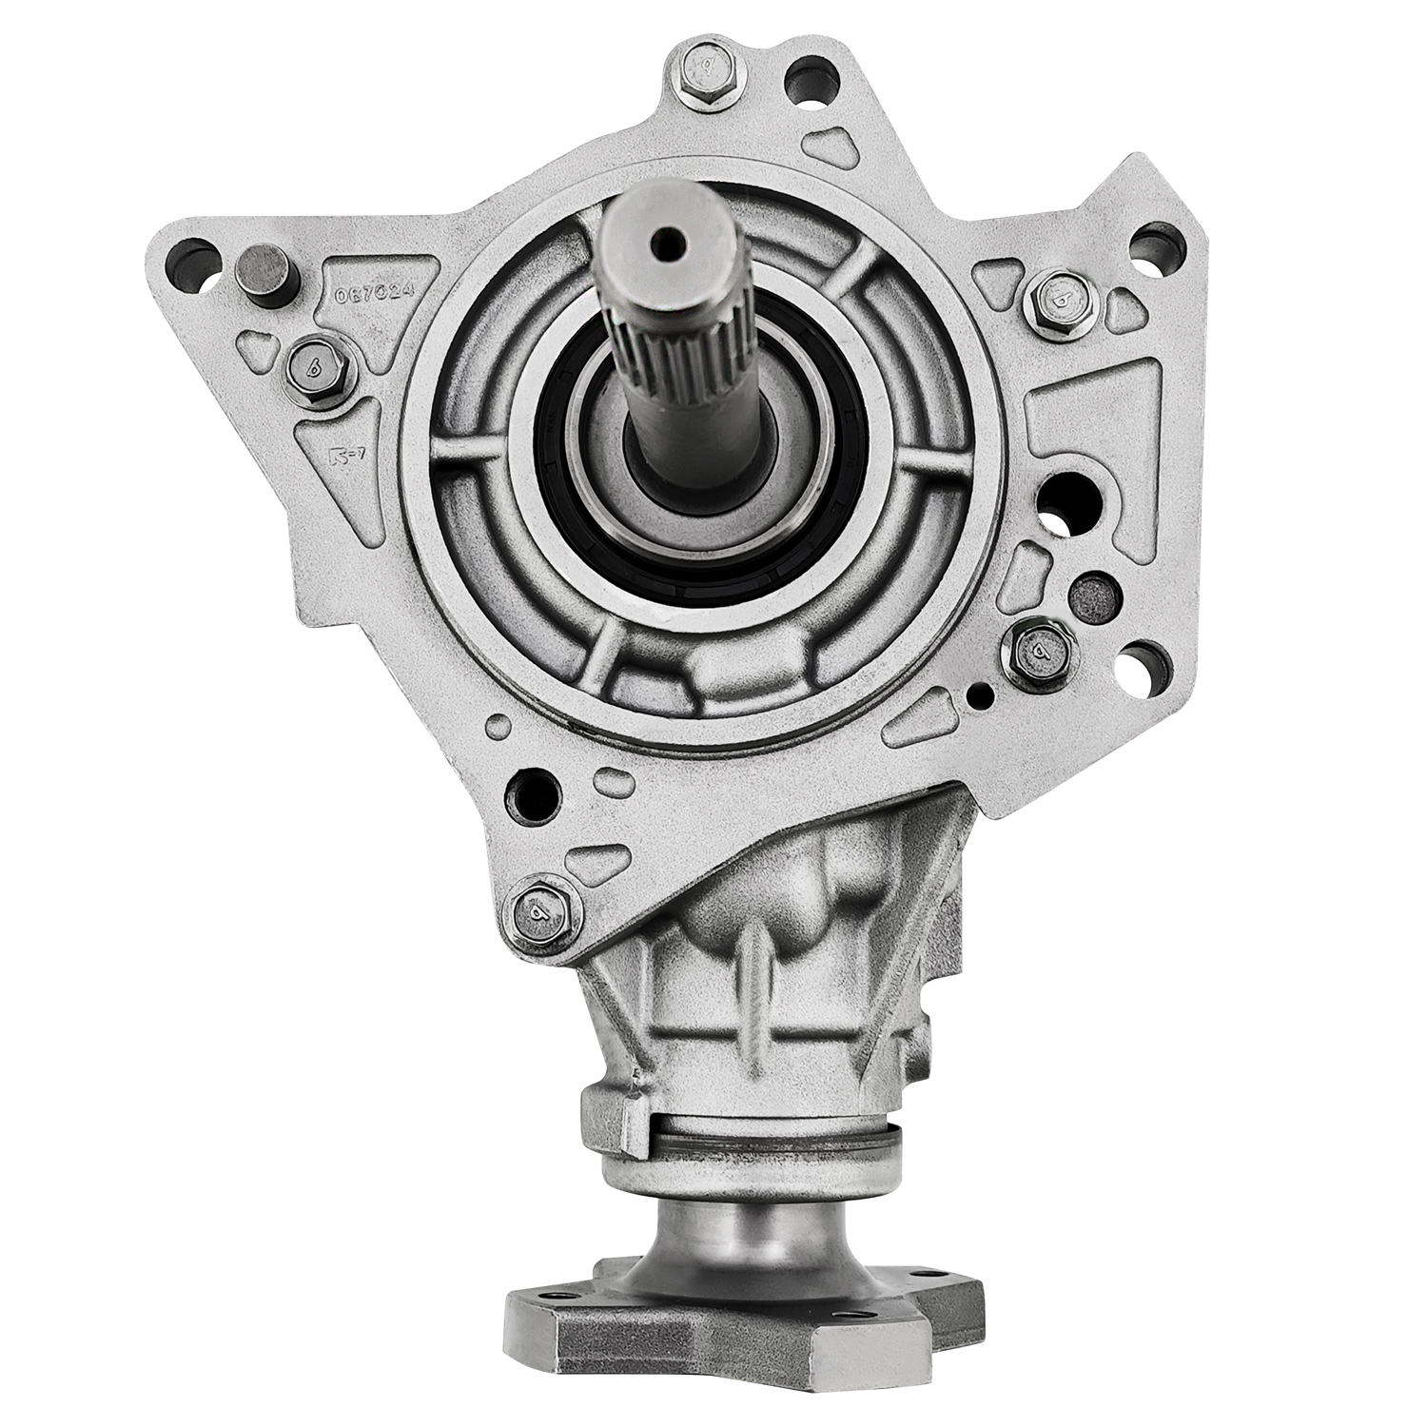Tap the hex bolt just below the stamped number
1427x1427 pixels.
tap(316, 362)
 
